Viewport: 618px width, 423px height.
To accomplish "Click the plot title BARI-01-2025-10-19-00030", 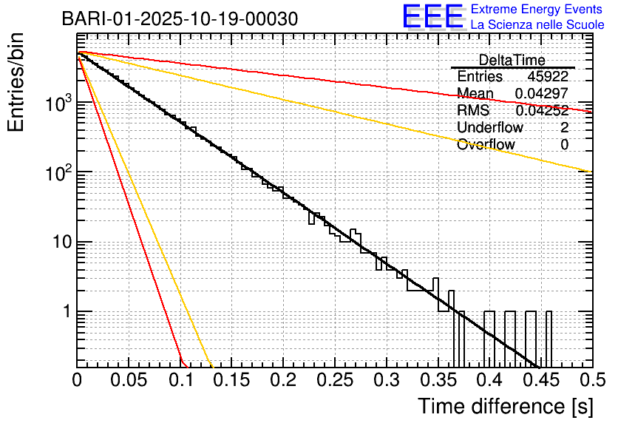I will [x=180, y=18].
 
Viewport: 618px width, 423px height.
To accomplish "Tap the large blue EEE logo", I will [x=432, y=17].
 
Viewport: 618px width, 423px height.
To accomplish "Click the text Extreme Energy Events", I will [x=537, y=10].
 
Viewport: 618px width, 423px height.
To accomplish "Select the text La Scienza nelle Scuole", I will [x=537, y=25].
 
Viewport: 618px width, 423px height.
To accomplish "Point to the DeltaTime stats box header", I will [x=512, y=60].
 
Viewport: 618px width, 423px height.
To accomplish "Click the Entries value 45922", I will [x=548, y=76].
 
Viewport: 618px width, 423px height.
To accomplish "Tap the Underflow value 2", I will [x=564, y=127].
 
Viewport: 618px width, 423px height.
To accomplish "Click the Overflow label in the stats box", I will [x=486, y=144].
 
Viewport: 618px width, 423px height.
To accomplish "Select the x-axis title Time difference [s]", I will [x=505, y=406].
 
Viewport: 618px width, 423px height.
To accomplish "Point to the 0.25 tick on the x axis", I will [x=334, y=381].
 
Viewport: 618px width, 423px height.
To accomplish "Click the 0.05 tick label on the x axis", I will [x=129, y=381].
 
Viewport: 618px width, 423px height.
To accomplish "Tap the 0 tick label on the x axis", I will [x=78, y=381].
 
